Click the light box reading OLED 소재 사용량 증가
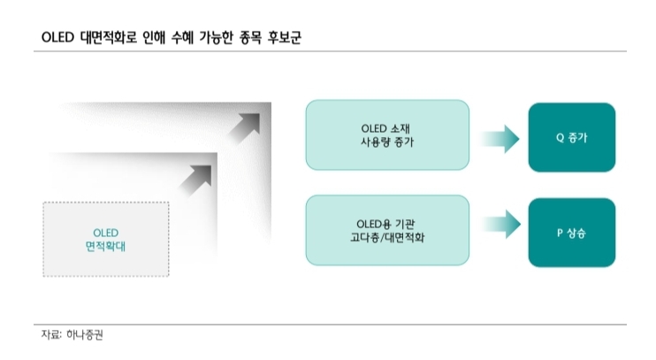387,134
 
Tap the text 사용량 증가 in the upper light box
387,142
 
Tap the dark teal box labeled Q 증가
573,138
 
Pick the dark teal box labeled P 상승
573,232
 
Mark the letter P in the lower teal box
561,232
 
